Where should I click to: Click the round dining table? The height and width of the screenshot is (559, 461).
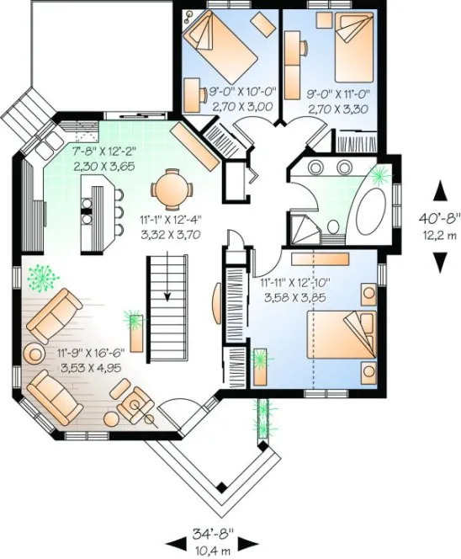pyautogui.click(x=170, y=189)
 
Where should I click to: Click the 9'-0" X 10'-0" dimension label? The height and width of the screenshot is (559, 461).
pyautogui.click(x=224, y=90)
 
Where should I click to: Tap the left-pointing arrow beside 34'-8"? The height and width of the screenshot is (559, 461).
pyautogui.click(x=178, y=540)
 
